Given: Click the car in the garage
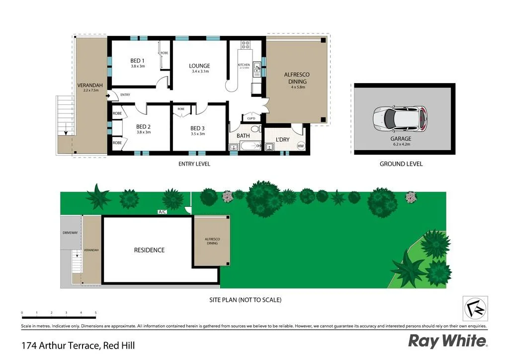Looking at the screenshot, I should click(x=400, y=118).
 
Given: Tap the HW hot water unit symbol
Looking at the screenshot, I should click(x=301, y=146).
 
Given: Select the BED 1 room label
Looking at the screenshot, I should click(x=137, y=61).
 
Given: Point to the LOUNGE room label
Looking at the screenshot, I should click(x=199, y=66).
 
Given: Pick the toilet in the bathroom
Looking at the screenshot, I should click(x=255, y=129).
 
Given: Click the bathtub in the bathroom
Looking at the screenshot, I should click(x=251, y=146).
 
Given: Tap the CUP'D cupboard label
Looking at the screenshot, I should click(x=251, y=118).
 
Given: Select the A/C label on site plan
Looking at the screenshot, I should click(x=162, y=212).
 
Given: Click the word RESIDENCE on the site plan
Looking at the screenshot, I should click(x=149, y=250).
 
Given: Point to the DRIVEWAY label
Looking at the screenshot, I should click(x=71, y=232).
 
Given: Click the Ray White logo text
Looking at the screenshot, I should click(x=447, y=341).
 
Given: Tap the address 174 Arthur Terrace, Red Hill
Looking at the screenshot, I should click(x=78, y=345).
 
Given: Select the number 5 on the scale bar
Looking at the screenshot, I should click(x=95, y=313).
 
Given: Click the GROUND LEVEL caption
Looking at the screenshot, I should click(x=401, y=164).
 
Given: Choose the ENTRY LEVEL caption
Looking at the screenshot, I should click(x=194, y=164).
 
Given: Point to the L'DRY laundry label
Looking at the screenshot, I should click(x=282, y=140).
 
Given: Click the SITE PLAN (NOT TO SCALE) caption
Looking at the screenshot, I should click(x=246, y=300).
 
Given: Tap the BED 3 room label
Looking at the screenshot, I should click(x=197, y=128).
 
